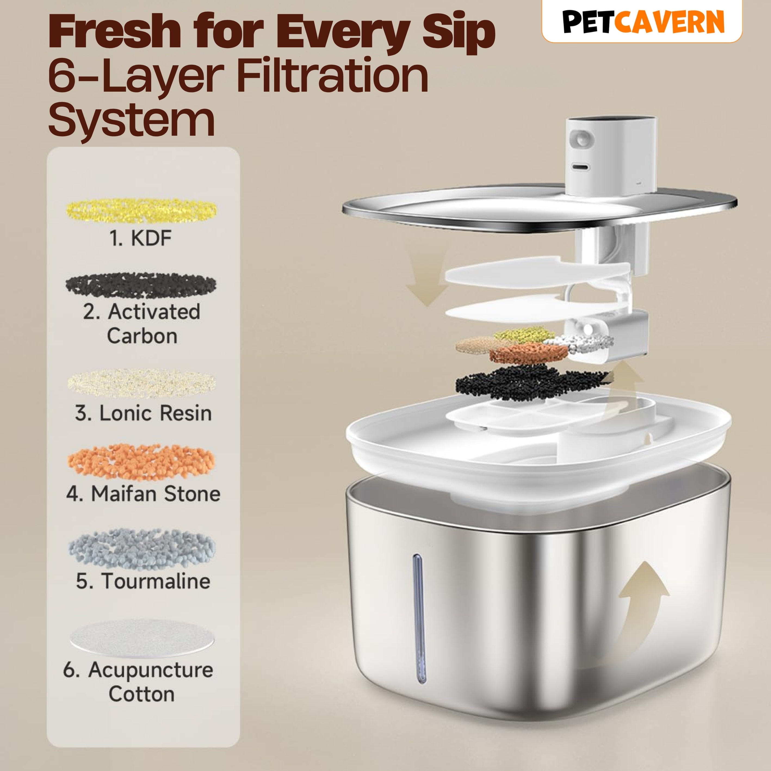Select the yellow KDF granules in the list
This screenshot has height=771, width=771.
click(x=141, y=211)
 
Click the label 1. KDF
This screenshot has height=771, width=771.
click(x=141, y=238)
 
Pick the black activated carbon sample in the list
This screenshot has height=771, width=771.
click(x=141, y=285)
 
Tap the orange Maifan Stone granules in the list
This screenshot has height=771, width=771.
click(x=141, y=462)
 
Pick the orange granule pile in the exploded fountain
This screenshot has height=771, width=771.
click(x=529, y=353)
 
